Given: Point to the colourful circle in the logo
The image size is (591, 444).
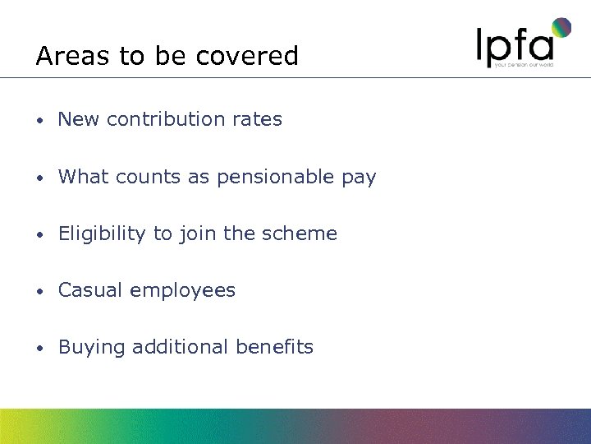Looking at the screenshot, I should click(561, 28).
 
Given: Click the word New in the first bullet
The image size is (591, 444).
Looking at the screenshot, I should click(79, 119).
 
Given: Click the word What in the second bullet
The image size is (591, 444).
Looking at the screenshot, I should click(82, 177).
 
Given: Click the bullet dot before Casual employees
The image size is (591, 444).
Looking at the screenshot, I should click(39, 292).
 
